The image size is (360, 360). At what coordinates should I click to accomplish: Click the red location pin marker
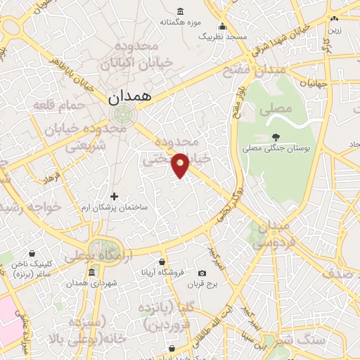coord(181,165)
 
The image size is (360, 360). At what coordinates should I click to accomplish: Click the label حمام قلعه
coord(60,104)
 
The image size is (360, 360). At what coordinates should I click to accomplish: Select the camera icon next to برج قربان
coord(202,273)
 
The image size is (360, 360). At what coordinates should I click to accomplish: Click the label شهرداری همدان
coord(92,284)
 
